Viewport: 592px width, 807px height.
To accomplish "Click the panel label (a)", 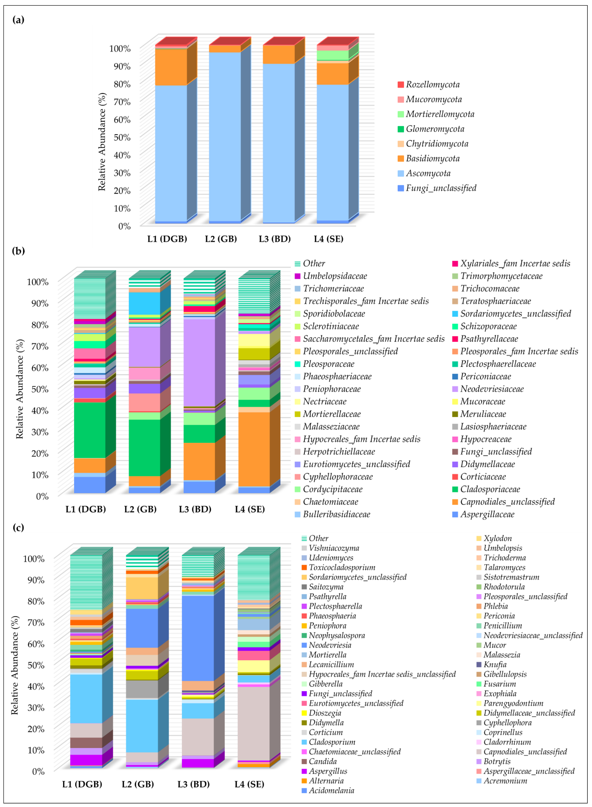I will (18, 20).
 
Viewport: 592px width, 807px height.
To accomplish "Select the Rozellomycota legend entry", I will (433, 84).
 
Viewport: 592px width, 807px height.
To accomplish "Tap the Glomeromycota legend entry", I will (435, 129).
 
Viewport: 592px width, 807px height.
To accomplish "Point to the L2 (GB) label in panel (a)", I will (221, 239).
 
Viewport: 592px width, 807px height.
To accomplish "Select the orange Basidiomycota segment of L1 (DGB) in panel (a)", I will (171, 67).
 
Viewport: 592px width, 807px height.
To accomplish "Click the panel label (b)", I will (18, 251).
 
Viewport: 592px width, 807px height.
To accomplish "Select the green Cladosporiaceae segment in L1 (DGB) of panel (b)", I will (90, 430).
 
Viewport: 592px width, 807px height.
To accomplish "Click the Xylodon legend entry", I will (497, 538).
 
